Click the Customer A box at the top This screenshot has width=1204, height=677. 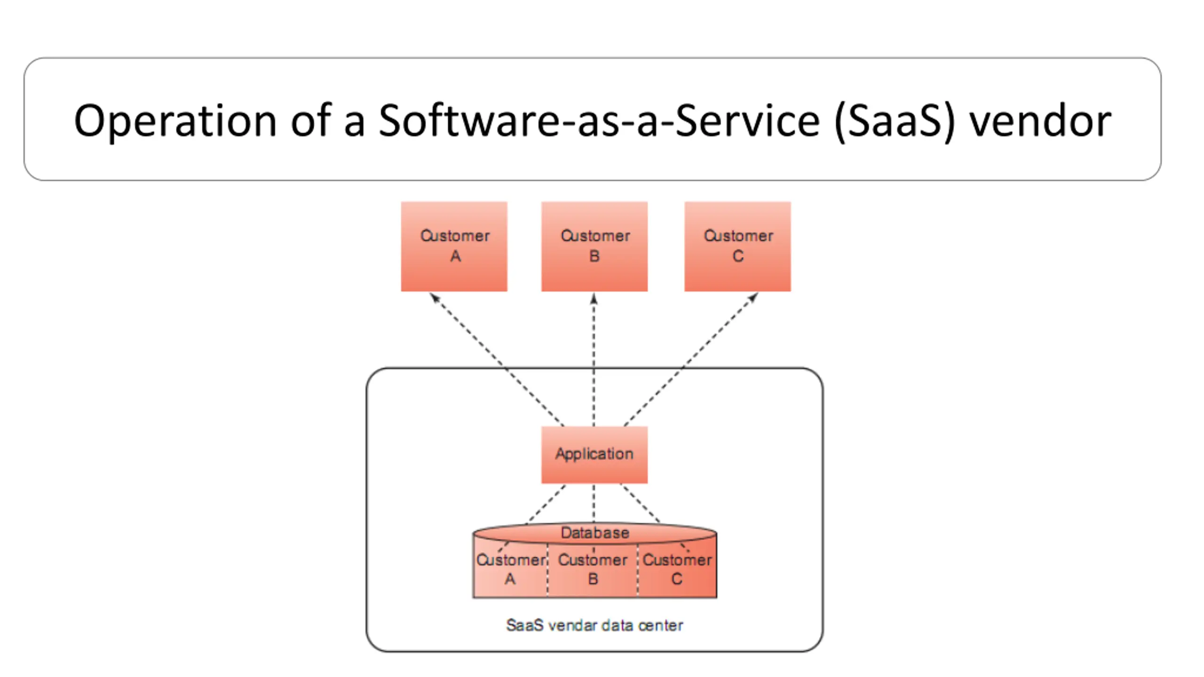pos(454,246)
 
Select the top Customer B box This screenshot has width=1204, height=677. pos(594,246)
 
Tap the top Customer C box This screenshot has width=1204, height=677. pos(737,246)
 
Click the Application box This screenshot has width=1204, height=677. pos(594,455)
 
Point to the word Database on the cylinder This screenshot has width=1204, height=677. pos(595,533)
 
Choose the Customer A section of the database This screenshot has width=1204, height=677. pos(510,569)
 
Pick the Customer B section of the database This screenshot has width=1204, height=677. pos(593,569)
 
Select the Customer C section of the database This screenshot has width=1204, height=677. pos(677,569)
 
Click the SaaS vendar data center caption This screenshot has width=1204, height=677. pos(594,625)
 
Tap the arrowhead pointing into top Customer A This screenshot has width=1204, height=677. pos(435,298)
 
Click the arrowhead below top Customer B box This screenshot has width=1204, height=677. pos(594,299)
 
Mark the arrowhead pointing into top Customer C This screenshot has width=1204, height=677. pos(753,298)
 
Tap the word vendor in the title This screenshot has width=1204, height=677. pos(1041,120)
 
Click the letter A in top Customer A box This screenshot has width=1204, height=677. pos(455,256)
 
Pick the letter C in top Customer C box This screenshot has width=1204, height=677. pos(738,256)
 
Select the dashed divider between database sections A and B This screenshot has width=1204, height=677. pos(547,570)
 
